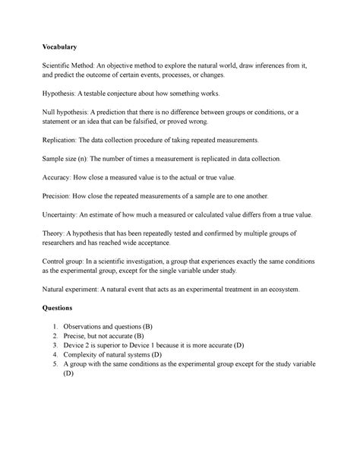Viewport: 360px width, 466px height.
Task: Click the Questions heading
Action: tap(60, 309)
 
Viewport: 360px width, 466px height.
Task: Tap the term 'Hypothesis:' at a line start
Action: tap(62, 94)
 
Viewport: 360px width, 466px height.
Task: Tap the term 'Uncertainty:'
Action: tap(65, 214)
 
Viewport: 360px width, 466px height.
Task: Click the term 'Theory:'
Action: tap(55, 234)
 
